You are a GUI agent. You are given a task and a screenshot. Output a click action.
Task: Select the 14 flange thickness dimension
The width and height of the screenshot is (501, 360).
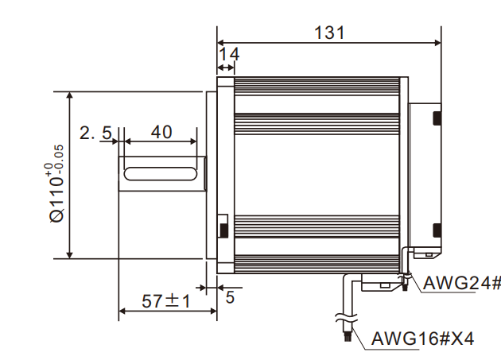(x=230, y=54)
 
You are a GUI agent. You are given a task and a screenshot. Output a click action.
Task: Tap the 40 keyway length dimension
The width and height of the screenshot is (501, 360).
(x=161, y=131)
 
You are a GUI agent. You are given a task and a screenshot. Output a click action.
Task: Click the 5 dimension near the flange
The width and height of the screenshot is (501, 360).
(x=230, y=298)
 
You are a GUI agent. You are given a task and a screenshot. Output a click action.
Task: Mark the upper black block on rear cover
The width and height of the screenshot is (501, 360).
(x=437, y=118)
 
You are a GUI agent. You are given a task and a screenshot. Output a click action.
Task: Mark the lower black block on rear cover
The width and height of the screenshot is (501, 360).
(x=437, y=230)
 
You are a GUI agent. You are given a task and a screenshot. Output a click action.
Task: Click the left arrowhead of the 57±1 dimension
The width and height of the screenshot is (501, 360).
(x=122, y=312)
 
